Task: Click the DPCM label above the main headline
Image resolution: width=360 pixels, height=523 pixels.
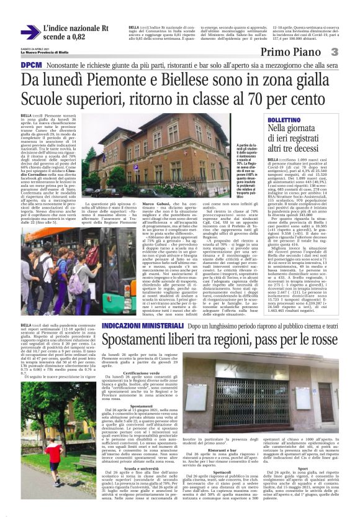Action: [x=31, y=65]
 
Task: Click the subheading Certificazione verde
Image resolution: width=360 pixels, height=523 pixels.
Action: [x=129, y=373]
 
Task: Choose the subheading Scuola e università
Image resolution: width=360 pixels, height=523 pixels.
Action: [x=128, y=468]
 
